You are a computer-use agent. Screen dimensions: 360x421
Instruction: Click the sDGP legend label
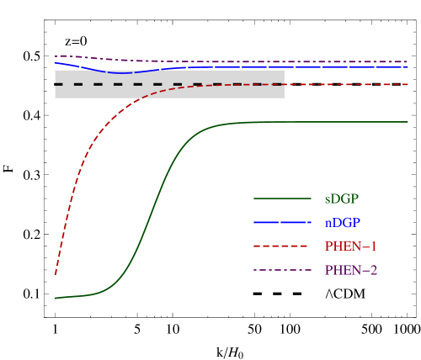coord(341,199)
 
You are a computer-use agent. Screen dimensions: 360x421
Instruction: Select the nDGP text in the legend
coord(342,223)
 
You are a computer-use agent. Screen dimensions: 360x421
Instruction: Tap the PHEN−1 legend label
coord(350,246)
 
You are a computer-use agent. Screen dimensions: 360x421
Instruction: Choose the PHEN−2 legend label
coord(350,270)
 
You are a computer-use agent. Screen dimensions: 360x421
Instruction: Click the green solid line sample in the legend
coord(282,199)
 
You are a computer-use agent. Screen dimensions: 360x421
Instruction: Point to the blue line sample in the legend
coord(282,223)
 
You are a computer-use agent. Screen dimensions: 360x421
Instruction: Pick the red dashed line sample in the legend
coord(282,246)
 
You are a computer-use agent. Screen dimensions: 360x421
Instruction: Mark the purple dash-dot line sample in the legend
coord(282,270)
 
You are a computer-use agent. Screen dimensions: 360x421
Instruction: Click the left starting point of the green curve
coord(56,298)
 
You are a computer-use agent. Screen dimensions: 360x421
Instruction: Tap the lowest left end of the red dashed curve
coord(56,274)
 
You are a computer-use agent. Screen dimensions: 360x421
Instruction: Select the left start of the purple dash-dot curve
coord(56,56)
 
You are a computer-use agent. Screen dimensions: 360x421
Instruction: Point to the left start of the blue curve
coord(56,62)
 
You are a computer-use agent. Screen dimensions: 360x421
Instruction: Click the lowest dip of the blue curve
coord(123,73)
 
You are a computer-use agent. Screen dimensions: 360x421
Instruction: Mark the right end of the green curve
coord(408,122)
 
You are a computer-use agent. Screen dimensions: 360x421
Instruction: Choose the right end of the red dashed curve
coord(408,84)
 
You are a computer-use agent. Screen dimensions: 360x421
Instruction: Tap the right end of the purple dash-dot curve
coord(408,61)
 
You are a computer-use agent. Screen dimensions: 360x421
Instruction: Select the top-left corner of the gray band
coord(56,71)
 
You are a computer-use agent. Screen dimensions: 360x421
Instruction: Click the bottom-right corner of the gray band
coord(285,98)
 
